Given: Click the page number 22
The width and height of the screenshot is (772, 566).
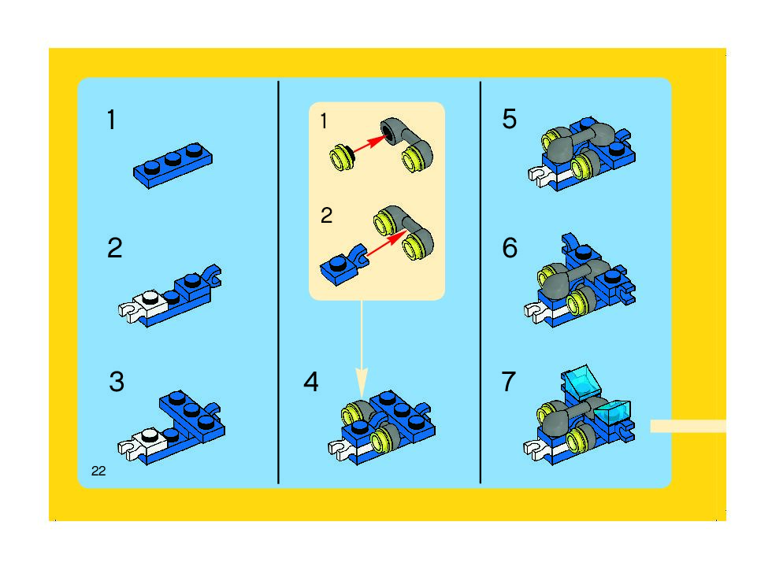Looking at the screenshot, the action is point(98,471).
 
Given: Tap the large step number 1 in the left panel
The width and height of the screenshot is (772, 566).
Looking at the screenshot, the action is point(112,120).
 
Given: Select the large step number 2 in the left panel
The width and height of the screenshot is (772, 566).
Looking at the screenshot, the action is point(115,247).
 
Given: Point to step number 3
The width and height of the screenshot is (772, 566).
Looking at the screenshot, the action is point(117,382).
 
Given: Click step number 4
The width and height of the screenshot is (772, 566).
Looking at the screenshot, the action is point(311,382).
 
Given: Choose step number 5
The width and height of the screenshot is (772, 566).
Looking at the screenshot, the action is point(510,119).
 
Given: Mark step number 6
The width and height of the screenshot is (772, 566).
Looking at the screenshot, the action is point(510,247).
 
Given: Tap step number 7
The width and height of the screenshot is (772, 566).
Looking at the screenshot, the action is point(509,382).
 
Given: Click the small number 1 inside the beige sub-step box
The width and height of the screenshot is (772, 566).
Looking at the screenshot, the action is point(324,121).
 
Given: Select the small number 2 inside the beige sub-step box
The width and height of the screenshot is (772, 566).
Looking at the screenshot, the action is point(326,216).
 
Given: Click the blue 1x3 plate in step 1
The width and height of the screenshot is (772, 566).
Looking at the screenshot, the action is point(173,165).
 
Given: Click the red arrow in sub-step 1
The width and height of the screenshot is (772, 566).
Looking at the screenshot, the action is point(369,143).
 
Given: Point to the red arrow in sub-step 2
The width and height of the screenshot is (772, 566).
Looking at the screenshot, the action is point(385,243).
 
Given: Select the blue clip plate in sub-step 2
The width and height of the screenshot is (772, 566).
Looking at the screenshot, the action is point(343,265).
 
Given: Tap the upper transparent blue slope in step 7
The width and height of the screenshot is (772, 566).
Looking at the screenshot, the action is point(581,380).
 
